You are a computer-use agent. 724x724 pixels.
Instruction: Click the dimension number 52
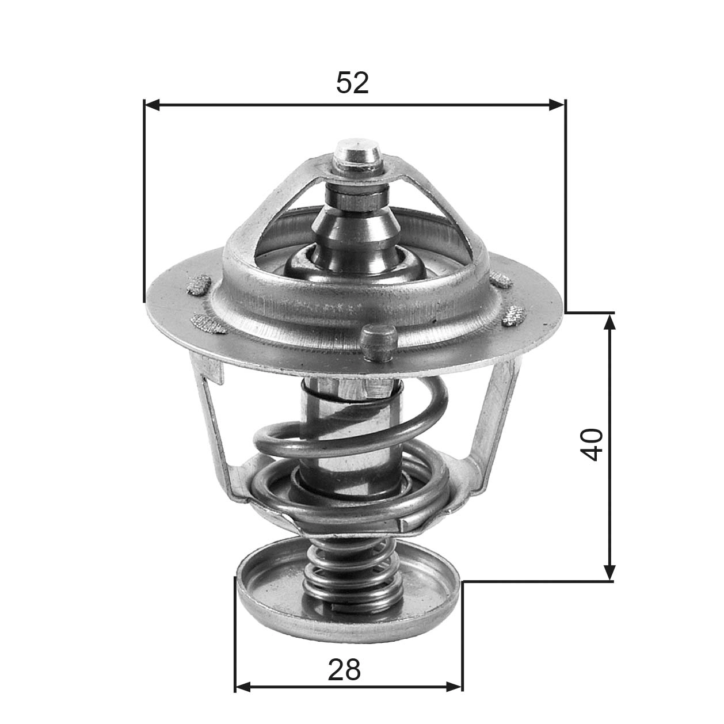[352, 83]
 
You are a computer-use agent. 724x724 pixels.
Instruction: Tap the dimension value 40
[592, 444]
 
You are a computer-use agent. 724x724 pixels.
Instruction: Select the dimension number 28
[344, 670]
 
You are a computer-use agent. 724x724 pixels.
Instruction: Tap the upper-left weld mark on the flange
[199, 285]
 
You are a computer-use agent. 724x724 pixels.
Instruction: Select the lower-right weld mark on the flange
[512, 315]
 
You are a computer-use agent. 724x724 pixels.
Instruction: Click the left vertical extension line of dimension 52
[144, 201]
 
